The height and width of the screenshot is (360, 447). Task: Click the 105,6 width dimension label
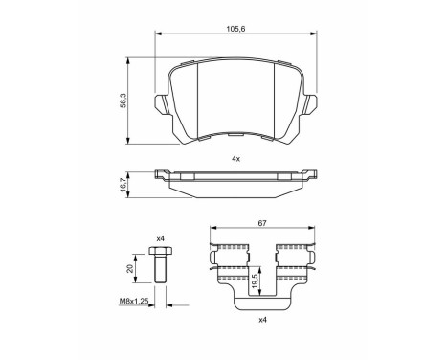[235, 29]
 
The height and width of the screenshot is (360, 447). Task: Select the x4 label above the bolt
[160, 238]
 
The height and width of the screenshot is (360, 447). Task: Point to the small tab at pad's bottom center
[235, 138]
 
